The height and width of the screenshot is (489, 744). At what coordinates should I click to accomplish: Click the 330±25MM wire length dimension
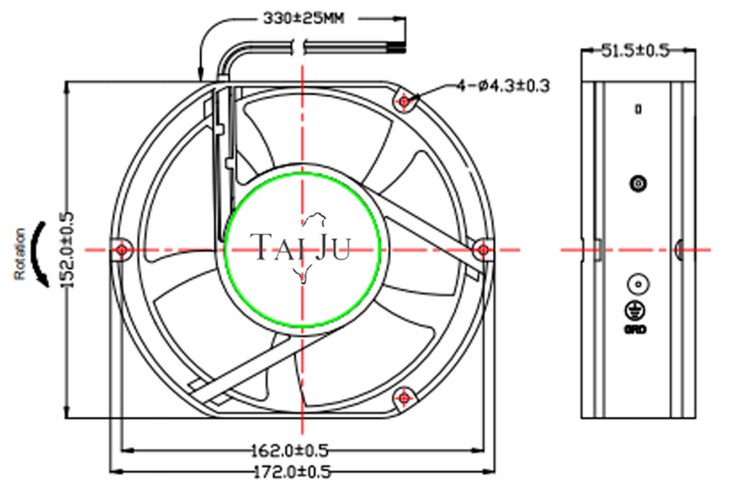coord(304,19)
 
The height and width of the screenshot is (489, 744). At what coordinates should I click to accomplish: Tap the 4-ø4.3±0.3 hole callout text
coord(503,86)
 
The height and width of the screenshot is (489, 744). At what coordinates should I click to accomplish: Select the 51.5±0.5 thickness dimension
coord(635,50)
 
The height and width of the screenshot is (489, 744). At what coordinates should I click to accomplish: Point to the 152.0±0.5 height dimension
coord(68,250)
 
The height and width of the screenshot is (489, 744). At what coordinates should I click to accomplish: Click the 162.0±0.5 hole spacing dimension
coord(289,450)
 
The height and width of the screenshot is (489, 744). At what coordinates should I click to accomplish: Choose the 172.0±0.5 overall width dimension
coord(292,472)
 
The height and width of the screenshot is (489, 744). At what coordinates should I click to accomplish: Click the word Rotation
coord(21,255)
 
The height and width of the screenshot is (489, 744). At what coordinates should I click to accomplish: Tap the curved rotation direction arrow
coord(39,255)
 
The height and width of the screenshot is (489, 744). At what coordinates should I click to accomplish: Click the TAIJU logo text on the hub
coord(301,248)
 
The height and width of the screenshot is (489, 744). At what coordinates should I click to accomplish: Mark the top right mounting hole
coord(404,101)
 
